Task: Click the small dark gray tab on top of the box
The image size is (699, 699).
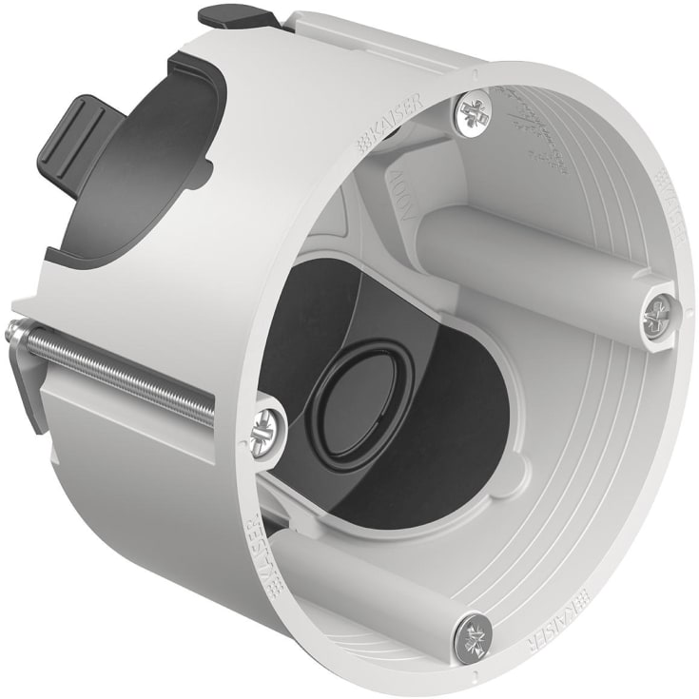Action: [x=233, y=17]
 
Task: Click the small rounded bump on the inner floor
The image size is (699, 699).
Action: [x=515, y=466]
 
